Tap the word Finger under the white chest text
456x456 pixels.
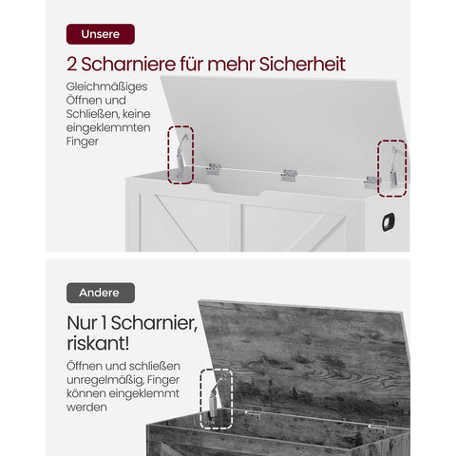[x=83, y=141]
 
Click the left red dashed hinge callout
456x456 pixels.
[x=180, y=154]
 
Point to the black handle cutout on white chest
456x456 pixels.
[x=388, y=221]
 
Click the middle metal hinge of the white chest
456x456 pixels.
[x=289, y=176]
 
